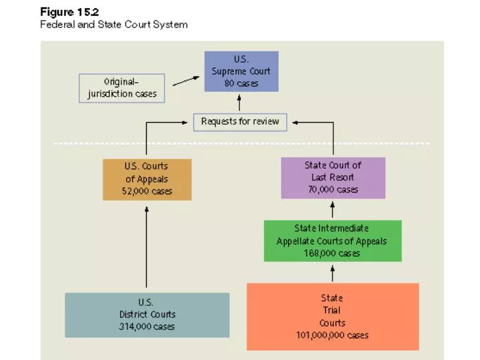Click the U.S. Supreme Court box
[241, 71]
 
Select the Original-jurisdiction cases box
[121, 87]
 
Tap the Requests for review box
[240, 122]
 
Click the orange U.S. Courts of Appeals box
[147, 179]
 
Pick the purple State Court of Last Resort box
[333, 177]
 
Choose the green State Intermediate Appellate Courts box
[331, 241]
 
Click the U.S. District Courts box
[147, 315]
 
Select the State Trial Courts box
[332, 316]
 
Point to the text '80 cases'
[241, 83]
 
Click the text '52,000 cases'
[147, 191]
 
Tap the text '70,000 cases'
[333, 189]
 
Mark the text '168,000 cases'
[331, 253]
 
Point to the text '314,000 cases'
[147, 327]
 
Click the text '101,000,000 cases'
[332, 335]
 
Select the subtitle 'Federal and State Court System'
[114, 25]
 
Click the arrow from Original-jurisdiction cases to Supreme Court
[186, 81]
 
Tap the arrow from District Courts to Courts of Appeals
[147, 247]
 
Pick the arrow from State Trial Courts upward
[332, 273]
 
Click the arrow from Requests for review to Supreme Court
[240, 103]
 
